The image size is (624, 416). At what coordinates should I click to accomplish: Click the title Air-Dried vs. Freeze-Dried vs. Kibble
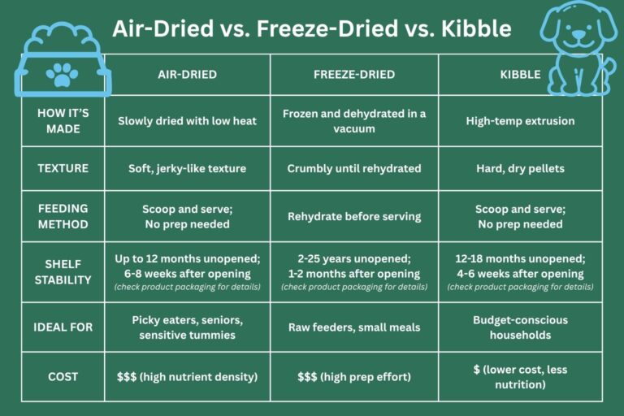pyautogui.click(x=312, y=29)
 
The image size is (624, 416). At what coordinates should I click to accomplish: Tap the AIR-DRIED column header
pyautogui.click(x=188, y=75)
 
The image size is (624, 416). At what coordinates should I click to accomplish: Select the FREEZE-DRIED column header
pyautogui.click(x=354, y=75)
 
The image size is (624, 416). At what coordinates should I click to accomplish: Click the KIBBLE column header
pyautogui.click(x=520, y=75)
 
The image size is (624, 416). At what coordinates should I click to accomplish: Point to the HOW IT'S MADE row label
pyautogui.click(x=63, y=121)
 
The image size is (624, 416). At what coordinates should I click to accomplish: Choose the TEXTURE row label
pyautogui.click(x=63, y=169)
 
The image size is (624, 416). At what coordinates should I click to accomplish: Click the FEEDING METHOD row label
pyautogui.click(x=63, y=216)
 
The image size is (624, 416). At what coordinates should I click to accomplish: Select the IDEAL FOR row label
pyautogui.click(x=63, y=327)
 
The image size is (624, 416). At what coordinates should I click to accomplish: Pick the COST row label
pyautogui.click(x=63, y=376)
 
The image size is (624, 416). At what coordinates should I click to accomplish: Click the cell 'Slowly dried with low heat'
pyautogui.click(x=188, y=121)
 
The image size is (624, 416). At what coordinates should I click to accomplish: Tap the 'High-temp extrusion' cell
pyautogui.click(x=520, y=121)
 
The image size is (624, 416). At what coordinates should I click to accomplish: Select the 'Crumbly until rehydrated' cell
pyautogui.click(x=354, y=169)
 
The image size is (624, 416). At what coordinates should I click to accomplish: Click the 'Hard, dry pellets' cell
pyautogui.click(x=520, y=169)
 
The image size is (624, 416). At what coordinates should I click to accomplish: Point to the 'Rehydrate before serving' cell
pyautogui.click(x=354, y=216)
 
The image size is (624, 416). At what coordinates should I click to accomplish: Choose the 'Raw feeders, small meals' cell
pyautogui.click(x=354, y=327)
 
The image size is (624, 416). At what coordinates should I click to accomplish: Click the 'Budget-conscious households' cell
pyautogui.click(x=520, y=327)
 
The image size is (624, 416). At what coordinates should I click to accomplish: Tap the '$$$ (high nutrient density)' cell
pyautogui.click(x=188, y=376)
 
